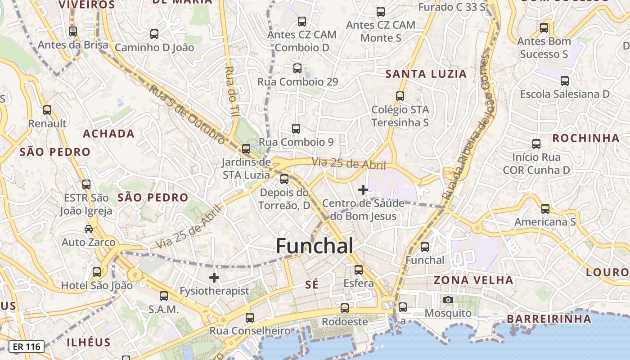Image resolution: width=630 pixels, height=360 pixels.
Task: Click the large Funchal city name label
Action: click(x=314, y=246)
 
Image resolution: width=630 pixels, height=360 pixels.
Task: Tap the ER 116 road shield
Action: click(x=27, y=346)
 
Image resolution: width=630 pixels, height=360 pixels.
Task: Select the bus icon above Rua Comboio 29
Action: click(x=297, y=68)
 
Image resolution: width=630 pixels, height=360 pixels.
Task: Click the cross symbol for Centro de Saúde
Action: click(x=363, y=190)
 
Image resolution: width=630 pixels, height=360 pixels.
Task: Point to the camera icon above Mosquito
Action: click(x=448, y=300)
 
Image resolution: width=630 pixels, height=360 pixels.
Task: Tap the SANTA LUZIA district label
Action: click(x=426, y=74)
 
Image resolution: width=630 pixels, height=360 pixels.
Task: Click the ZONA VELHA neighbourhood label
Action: click(x=473, y=280)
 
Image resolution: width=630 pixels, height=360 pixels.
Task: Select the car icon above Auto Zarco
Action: click(x=89, y=229)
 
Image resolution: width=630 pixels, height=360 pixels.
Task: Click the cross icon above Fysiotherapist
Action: click(x=214, y=278)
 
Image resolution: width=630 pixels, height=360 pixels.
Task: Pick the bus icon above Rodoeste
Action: click(x=345, y=308)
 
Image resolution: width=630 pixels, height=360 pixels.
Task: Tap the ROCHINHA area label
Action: click(x=586, y=138)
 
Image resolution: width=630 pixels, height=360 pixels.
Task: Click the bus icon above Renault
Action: click(x=47, y=110)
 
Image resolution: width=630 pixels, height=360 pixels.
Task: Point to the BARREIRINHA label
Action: click(x=549, y=319)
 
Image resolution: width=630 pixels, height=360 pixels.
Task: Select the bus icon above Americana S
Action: click(x=545, y=209)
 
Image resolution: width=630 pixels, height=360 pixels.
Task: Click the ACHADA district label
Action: click(x=108, y=134)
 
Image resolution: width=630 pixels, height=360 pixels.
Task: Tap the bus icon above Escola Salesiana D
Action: click(x=565, y=81)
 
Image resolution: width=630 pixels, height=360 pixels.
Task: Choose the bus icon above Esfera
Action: click(x=359, y=270)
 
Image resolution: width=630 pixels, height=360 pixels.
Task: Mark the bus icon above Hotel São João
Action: click(x=97, y=272)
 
